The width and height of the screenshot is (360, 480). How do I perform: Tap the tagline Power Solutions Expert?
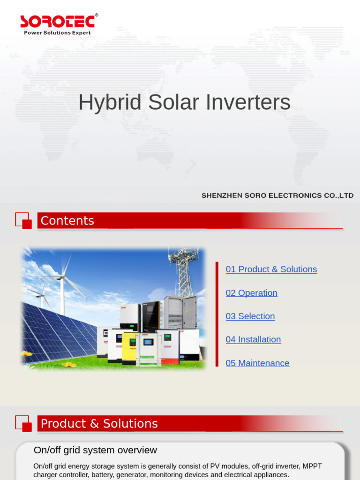click(57, 33)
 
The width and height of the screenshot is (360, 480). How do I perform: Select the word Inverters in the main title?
click(251, 103)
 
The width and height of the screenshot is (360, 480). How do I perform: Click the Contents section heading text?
click(67, 221)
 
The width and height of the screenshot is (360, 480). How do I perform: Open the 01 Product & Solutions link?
click(271, 269)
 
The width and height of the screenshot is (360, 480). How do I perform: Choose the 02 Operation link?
click(251, 292)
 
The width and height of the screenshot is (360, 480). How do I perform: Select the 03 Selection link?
click(250, 316)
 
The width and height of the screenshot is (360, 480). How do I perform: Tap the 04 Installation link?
click(253, 339)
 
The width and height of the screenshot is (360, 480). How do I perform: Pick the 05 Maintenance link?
click(257, 363)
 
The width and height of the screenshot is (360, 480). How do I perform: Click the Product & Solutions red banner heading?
click(99, 424)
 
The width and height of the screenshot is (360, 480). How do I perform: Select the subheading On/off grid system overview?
click(95, 450)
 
